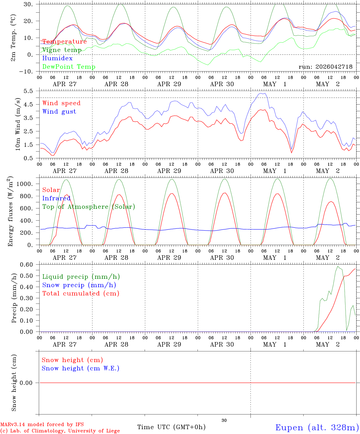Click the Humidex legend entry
coord(57,58)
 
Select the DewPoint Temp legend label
coord(69,67)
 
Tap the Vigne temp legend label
coord(62,50)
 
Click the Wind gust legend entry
coord(59,112)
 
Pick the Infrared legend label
coord(56,198)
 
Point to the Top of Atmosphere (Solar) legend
coord(89,207)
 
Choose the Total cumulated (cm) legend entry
coord(81,294)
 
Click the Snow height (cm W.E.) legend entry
coord(81,368)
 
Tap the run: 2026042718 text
coord(325,67)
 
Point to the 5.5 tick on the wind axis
coord(28,91)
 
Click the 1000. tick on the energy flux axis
coord(24,184)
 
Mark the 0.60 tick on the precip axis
coord(27,265)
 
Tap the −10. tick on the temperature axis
coord(26,72)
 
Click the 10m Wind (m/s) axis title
coord(18,124)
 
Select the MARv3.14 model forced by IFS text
coord(42,424)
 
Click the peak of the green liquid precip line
coord(338,266)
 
